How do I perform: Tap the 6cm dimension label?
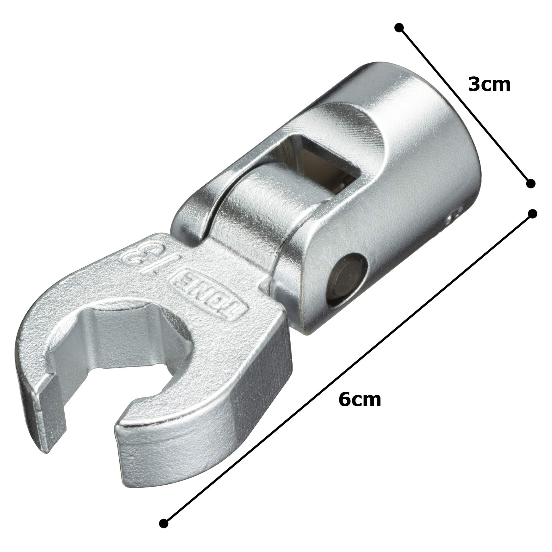pos(360,399)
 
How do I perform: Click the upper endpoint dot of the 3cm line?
pos(399,28)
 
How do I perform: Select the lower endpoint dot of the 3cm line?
pos(530,184)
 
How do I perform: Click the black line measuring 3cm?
pos(465,106)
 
